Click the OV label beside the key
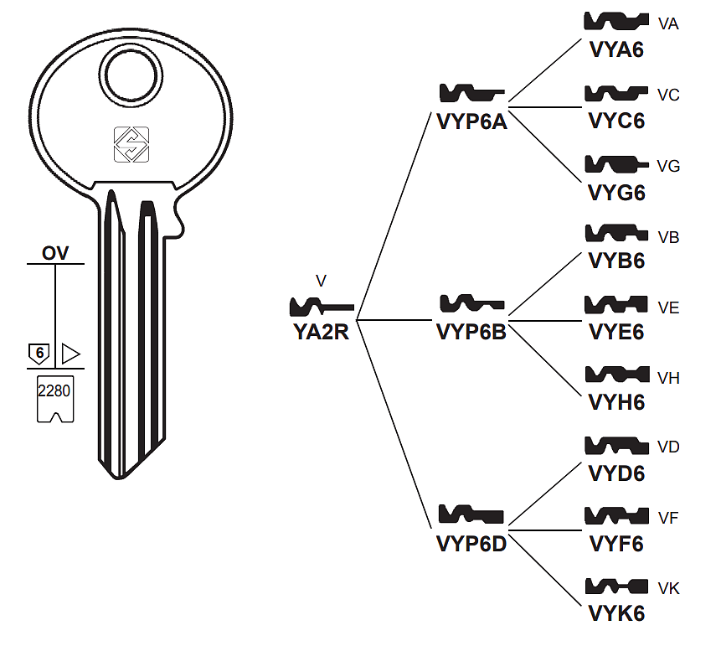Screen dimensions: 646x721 (x=56, y=253)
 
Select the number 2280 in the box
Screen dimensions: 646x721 (x=55, y=390)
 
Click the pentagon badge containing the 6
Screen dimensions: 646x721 (x=38, y=354)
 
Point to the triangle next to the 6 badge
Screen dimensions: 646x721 (x=70, y=354)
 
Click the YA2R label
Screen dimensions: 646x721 (x=321, y=332)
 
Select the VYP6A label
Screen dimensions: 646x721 (x=471, y=121)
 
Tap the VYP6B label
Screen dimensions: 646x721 (x=471, y=332)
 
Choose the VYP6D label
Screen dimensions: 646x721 (x=471, y=543)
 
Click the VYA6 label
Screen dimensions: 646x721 (x=617, y=49)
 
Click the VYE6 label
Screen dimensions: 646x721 (x=617, y=332)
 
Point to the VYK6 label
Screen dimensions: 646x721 (x=617, y=613)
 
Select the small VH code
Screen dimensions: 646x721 (x=669, y=378)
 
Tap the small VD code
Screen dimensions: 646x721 (x=669, y=447)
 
